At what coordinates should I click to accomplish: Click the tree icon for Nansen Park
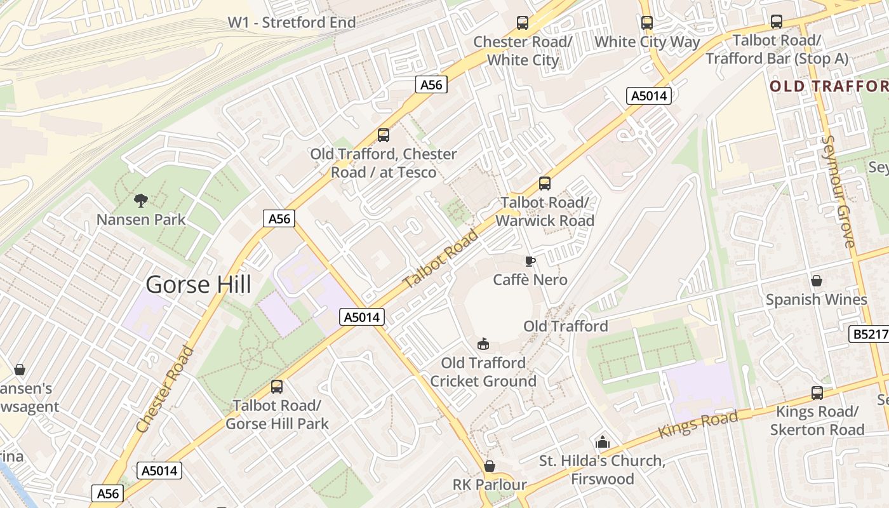[141, 201]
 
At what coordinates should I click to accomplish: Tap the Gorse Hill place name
[198, 284]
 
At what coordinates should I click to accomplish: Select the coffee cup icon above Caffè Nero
[530, 261]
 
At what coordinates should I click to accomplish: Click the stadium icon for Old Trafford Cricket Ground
[484, 344]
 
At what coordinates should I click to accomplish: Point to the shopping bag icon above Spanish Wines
[817, 281]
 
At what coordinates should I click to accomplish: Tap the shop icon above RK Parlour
[490, 466]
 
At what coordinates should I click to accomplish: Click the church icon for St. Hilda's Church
[602, 442]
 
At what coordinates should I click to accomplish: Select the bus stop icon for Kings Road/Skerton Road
[817, 393]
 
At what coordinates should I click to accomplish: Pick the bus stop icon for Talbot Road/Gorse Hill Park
[277, 387]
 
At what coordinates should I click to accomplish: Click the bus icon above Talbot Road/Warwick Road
[545, 184]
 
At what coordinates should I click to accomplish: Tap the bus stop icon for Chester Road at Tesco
[384, 135]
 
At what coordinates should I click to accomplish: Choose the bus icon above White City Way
[647, 23]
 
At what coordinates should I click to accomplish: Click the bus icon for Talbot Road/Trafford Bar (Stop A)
[777, 22]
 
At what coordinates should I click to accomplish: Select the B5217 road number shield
[868, 334]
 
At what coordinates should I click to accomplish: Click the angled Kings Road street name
[698, 424]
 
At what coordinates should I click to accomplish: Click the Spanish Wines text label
[817, 300]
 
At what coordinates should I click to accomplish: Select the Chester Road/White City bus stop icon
[523, 23]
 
